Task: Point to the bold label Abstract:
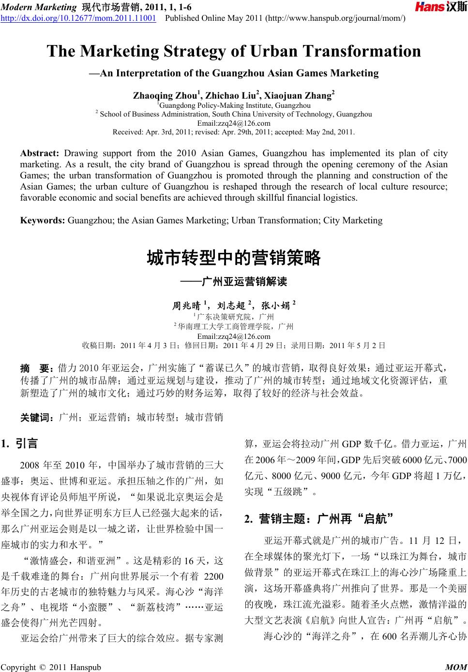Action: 39,154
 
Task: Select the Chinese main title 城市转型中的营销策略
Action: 234,258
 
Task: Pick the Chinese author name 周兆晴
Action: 186,306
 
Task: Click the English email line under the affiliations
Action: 234,123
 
